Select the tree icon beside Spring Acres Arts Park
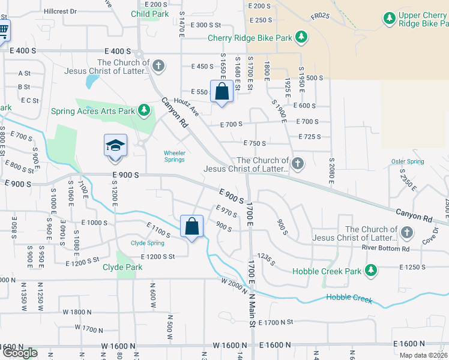pyautogui.click(x=143, y=110)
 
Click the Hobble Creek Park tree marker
pyautogui.click(x=371, y=271)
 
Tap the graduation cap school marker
pyautogui.click(x=115, y=146)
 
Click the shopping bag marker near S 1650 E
pyautogui.click(x=221, y=92)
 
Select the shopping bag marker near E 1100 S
pyautogui.click(x=192, y=227)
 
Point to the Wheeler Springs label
pyautogui.click(x=175, y=155)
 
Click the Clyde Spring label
pyautogui.click(x=148, y=243)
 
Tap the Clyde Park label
pyautogui.click(x=122, y=267)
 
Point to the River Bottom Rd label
pyautogui.click(x=385, y=248)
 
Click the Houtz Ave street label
pyautogui.click(x=186, y=107)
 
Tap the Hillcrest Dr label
pyautogui.click(x=61, y=11)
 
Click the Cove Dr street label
pyautogui.click(x=430, y=236)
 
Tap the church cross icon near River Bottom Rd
pyautogui.click(x=407, y=232)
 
